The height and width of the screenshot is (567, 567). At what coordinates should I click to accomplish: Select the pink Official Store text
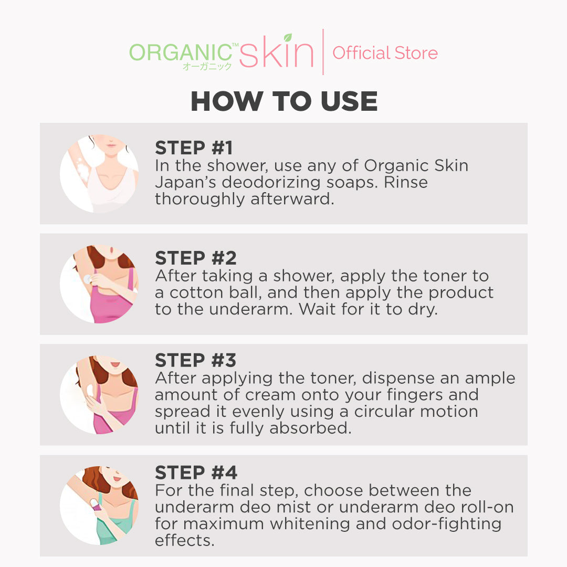385,53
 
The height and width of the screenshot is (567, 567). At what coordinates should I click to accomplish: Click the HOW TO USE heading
284,101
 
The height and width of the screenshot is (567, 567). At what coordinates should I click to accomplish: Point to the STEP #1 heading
194,148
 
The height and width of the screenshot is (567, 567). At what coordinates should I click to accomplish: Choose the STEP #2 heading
196,258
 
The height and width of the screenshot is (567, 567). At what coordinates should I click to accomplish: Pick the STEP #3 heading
196,360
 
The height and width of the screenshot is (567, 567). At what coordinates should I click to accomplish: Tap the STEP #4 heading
196,472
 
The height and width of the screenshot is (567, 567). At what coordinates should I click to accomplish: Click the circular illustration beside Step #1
99,174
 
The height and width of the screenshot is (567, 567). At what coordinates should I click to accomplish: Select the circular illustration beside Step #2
99,284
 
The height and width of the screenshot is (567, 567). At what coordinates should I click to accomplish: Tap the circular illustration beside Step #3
99,395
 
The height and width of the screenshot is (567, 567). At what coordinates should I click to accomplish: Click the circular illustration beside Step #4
99,505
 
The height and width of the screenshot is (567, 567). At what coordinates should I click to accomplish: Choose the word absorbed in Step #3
310,428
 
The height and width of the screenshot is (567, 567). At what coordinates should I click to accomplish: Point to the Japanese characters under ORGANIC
207,67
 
